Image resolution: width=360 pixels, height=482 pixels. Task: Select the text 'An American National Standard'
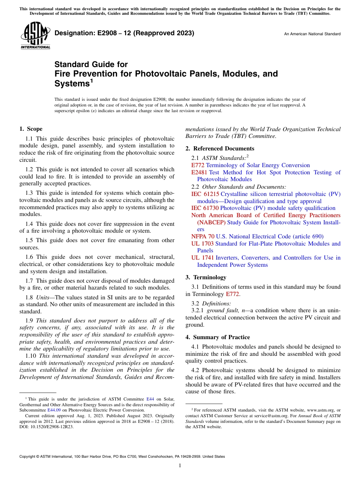coord(312,34)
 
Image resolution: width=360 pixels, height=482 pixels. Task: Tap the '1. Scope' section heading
coord(31,129)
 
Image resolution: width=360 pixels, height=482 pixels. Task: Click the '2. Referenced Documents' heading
coord(220,149)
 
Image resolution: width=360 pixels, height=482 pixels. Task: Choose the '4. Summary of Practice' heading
coord(218,337)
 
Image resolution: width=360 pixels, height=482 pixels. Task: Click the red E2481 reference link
coord(199,172)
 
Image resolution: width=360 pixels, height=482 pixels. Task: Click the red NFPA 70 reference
coord(203,236)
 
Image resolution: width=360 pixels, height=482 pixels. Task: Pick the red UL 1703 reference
coord(202,244)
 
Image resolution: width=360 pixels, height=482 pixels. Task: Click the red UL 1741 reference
coord(202,258)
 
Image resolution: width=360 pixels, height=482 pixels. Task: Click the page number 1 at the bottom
coord(180,466)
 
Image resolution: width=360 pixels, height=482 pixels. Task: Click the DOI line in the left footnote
coord(47,426)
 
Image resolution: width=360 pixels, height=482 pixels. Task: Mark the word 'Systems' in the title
coord(72,83)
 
